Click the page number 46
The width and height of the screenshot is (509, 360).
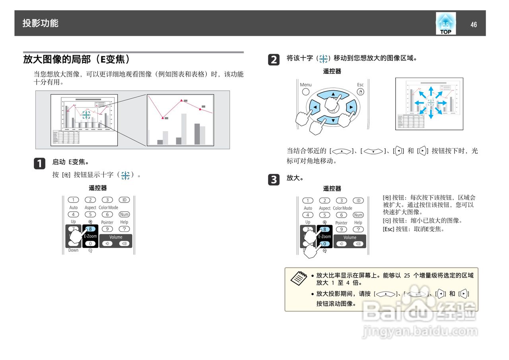point(473,25)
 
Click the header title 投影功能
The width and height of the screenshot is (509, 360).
point(40,23)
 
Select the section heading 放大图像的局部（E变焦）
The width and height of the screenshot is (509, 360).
point(76,60)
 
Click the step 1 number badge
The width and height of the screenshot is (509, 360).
point(39,163)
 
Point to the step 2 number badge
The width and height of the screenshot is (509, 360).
point(274,60)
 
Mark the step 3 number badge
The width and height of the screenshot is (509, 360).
point(274,180)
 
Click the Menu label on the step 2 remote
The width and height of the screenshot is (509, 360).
point(305,85)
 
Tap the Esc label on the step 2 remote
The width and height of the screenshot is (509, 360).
point(360,85)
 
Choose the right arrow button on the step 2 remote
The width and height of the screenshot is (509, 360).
point(351,107)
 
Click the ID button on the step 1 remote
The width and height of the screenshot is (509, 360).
point(124,200)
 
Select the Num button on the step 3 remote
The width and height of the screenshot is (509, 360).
point(358,215)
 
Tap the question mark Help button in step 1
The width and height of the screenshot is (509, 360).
point(124,229)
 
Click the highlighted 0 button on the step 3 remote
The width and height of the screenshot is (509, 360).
point(324,244)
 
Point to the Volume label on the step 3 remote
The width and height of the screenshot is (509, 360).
point(350,237)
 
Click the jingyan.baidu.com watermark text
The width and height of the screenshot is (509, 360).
point(420,331)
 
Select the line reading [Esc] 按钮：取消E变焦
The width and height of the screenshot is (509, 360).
point(413,229)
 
